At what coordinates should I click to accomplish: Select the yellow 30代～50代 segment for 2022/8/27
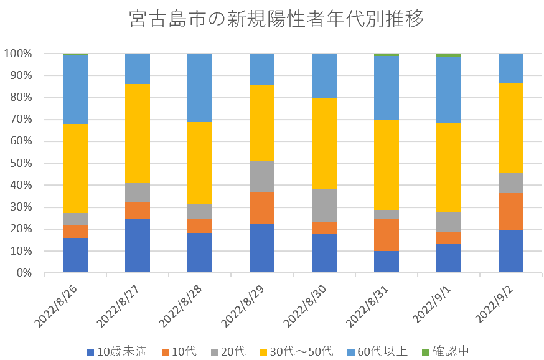click(138, 133)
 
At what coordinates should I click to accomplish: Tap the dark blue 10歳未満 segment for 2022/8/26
click(75, 255)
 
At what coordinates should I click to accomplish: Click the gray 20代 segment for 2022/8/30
click(324, 206)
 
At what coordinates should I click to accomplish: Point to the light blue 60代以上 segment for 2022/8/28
click(200, 87)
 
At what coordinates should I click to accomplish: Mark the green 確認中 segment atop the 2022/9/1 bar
click(449, 55)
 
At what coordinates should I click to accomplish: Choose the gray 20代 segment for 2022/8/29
click(262, 177)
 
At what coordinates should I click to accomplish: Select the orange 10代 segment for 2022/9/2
click(511, 211)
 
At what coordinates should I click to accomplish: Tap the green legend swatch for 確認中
click(426, 351)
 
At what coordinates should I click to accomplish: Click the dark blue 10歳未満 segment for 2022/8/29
click(262, 248)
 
